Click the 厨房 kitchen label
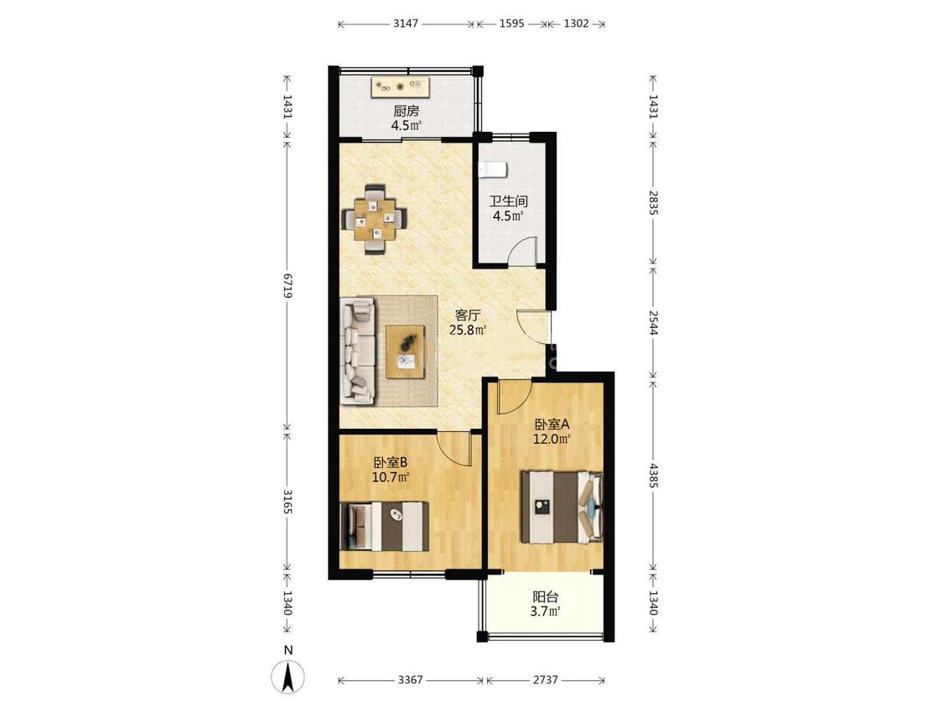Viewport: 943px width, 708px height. tap(406, 111)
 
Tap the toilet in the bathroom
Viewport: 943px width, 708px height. tap(494, 169)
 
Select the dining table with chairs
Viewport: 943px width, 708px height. tap(374, 219)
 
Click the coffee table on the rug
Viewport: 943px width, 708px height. tap(405, 351)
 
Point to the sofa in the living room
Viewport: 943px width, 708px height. tap(359, 351)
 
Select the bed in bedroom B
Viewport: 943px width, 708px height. tap(384, 526)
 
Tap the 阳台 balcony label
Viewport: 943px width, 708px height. tap(546, 597)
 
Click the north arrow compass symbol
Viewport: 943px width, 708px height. tap(288, 676)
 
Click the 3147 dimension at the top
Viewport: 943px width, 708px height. tap(406, 24)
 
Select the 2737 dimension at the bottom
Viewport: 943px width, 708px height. tap(546, 679)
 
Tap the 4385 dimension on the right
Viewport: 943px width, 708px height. tap(653, 472)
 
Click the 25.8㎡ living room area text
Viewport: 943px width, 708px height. tap(467, 330)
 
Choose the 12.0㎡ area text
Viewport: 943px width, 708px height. tap(551, 439)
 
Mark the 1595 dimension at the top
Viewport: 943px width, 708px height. tap(512, 24)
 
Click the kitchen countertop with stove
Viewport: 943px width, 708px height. tap(401, 86)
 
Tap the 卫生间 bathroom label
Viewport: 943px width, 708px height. tap(508, 201)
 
